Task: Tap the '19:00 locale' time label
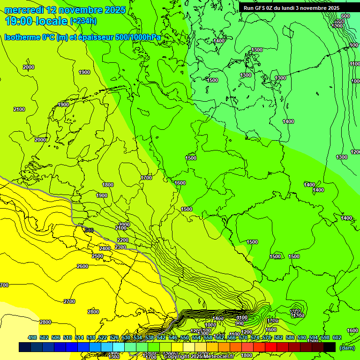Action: point(36,21)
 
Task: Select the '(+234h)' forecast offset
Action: point(83,21)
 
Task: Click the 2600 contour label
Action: point(82,266)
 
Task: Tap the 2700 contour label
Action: point(69,301)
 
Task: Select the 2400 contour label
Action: point(105,248)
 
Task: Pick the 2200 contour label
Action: point(122,240)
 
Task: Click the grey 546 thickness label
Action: point(89,230)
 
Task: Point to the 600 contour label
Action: point(345,16)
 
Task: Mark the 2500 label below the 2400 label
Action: point(97,256)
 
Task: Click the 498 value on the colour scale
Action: point(32,337)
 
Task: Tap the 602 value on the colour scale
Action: point(337,337)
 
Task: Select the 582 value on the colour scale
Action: point(278,337)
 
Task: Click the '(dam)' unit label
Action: point(346,348)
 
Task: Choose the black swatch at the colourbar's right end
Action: point(330,347)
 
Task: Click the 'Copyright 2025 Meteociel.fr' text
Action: point(199,357)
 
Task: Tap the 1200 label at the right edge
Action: point(355,152)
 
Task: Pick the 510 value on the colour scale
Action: point(67,337)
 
